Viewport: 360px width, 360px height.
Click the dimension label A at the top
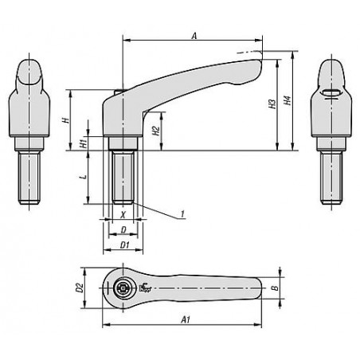(x=194, y=36)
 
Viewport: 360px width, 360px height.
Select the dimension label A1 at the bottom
(x=186, y=319)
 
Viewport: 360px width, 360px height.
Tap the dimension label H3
(x=272, y=104)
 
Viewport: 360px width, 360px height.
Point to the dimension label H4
(x=288, y=100)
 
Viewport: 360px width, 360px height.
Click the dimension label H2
(x=156, y=131)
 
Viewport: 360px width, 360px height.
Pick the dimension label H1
(x=84, y=143)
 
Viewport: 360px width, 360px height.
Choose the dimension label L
(x=84, y=176)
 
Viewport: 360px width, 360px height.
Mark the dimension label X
(x=123, y=214)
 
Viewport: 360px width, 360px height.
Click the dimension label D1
(x=124, y=245)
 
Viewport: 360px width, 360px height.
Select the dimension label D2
(x=80, y=288)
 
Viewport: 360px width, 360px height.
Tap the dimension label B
(x=276, y=288)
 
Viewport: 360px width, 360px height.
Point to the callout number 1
(x=182, y=214)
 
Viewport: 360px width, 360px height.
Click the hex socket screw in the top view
(x=123, y=288)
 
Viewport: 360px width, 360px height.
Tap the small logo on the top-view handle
(x=145, y=288)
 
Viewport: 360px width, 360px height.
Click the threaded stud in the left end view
(x=29, y=178)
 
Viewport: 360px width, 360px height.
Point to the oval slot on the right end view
(x=331, y=92)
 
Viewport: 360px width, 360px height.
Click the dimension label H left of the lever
(x=66, y=120)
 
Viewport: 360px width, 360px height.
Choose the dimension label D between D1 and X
(x=123, y=230)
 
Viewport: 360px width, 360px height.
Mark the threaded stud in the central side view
(x=123, y=177)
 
